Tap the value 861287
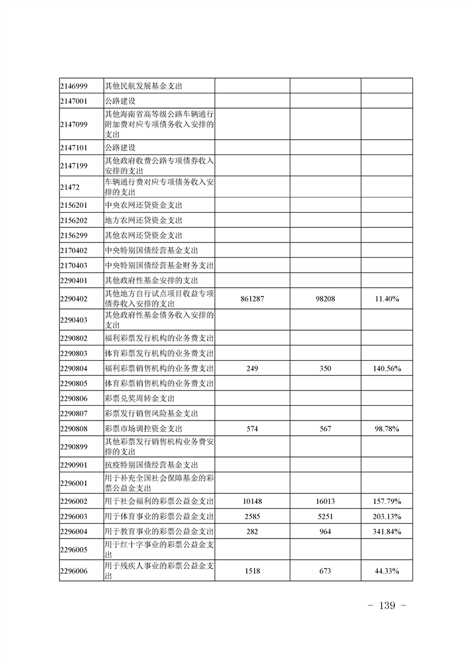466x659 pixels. click(252, 299)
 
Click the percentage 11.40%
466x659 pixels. click(387, 299)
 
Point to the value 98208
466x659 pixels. click(325, 299)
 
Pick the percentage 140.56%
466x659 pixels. click(387, 368)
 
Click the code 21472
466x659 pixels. click(69, 187)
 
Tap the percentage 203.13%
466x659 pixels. click(387, 516)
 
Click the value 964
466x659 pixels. click(325, 532)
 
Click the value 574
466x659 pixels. click(252, 429)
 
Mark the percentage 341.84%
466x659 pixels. click(387, 532)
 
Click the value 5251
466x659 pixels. click(325, 516)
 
